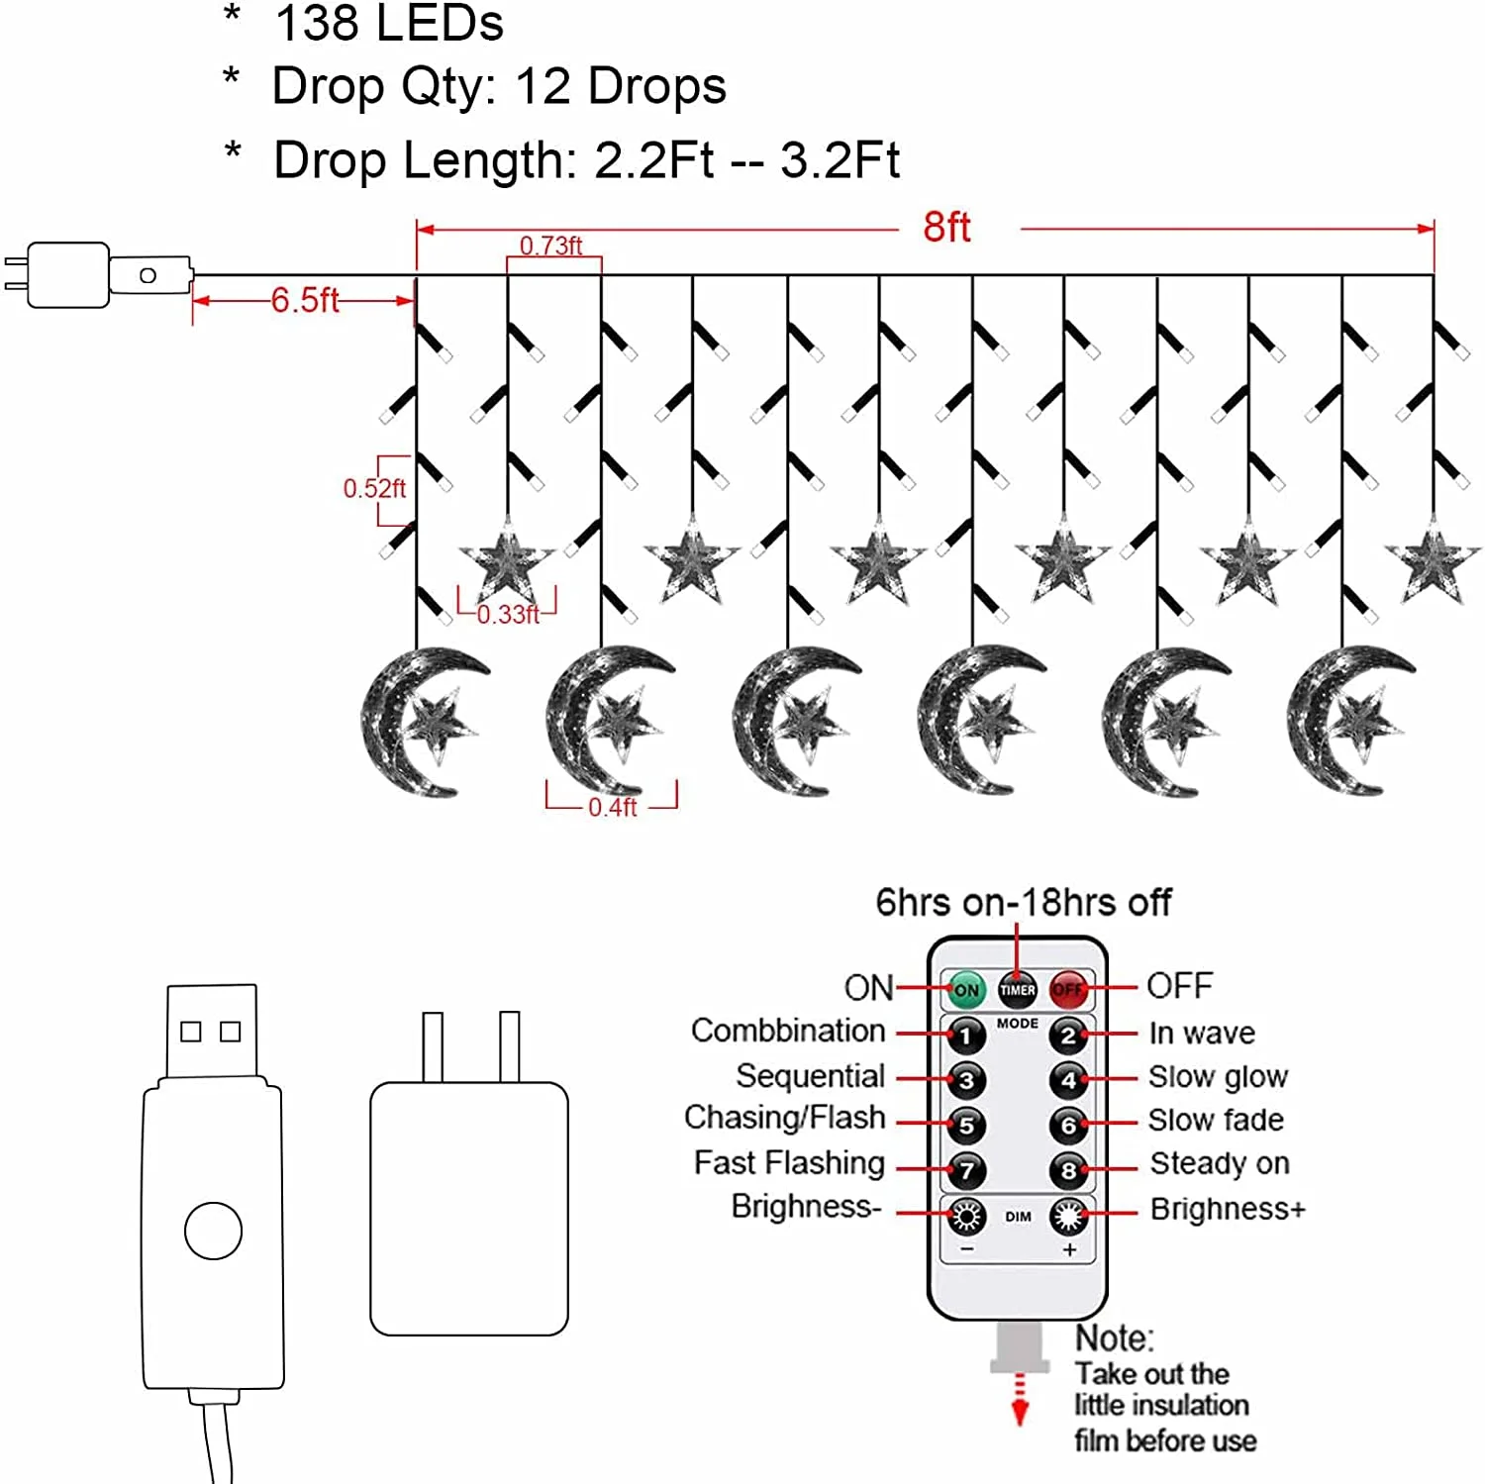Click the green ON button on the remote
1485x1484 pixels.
966,989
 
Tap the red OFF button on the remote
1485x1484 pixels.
1068,989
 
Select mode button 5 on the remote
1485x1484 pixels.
966,1125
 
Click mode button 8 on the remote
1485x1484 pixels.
1068,1171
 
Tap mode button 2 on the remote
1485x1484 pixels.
1068,1037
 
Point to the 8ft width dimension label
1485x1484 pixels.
946,228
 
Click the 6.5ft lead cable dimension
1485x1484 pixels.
305,300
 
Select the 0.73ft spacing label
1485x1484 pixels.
550,246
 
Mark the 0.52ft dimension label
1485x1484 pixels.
373,488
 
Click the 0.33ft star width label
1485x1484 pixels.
508,615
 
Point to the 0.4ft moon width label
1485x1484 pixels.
612,808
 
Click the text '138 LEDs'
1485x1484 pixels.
389,24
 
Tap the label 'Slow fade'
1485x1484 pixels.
1216,1120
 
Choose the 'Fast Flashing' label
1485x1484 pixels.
789,1162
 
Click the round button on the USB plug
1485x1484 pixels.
213,1231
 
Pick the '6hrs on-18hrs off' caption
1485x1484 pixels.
1023,903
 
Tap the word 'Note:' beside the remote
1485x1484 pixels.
1115,1338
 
